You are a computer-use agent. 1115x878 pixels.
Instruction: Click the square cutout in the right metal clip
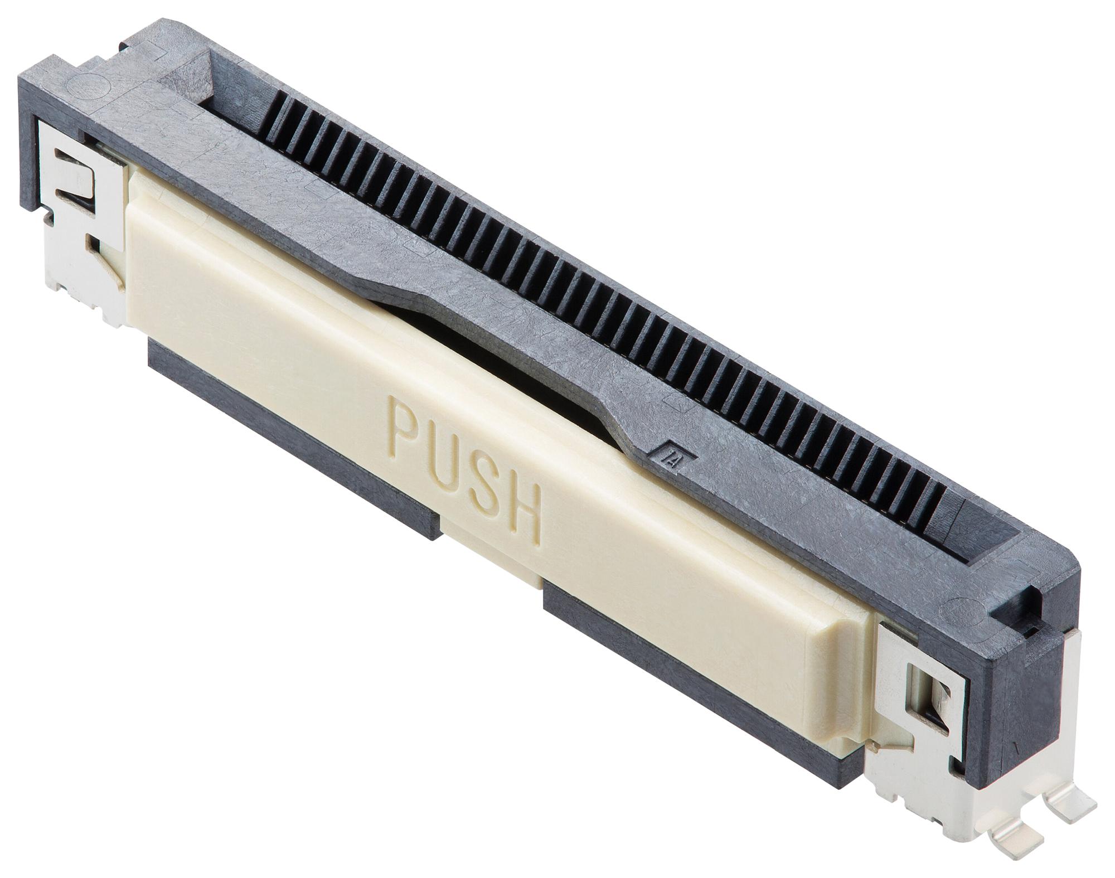pyautogui.click(x=920, y=686)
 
